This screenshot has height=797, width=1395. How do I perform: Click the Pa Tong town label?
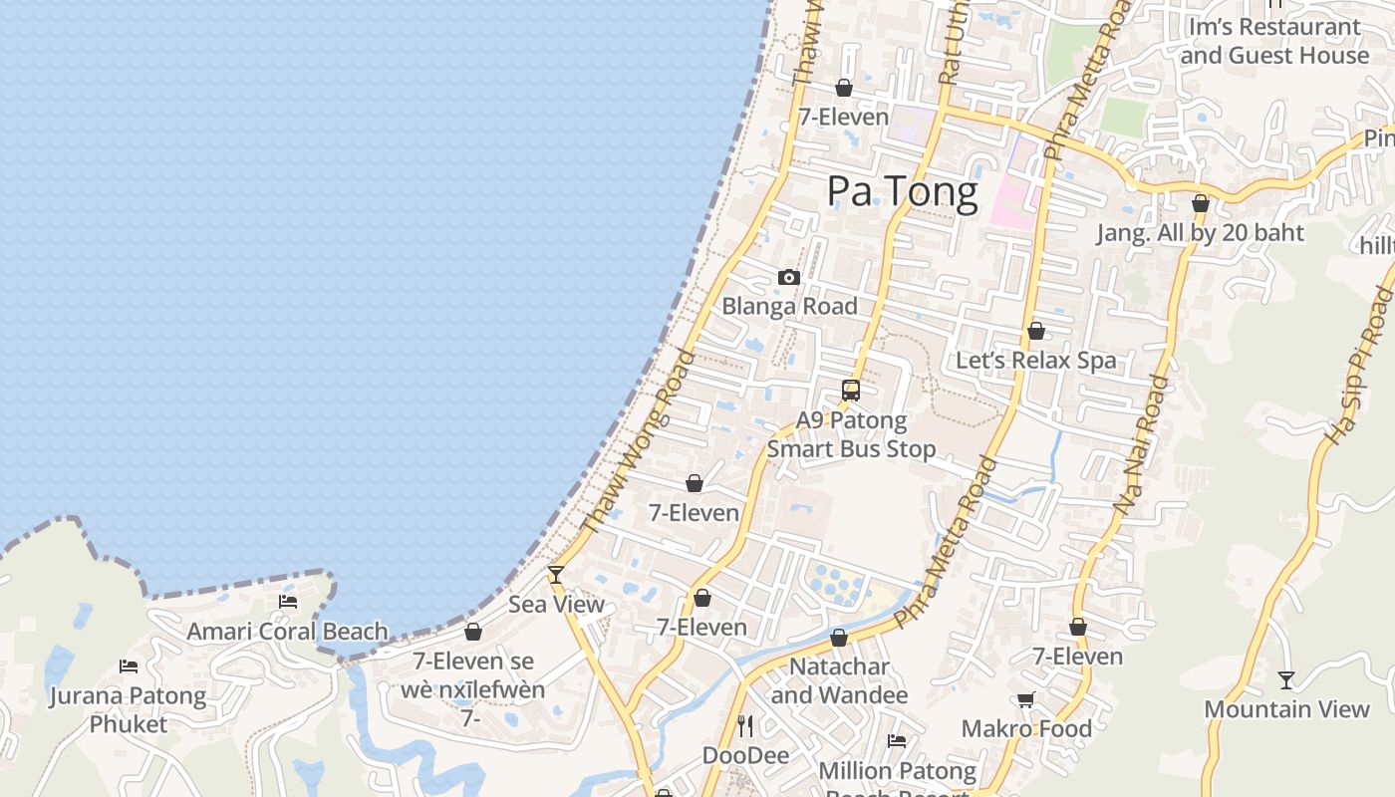click(903, 191)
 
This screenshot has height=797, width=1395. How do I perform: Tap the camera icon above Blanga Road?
click(789, 277)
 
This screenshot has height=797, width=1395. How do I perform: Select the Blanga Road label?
click(789, 306)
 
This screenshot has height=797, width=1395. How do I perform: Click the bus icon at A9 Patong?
click(851, 391)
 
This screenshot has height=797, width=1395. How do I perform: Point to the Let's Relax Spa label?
click(1036, 360)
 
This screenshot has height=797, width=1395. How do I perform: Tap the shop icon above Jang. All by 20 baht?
click(1201, 204)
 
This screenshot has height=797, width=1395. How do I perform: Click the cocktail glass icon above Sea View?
click(556, 575)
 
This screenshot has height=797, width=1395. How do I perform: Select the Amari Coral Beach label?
click(287, 631)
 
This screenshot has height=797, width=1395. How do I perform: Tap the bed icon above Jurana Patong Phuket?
click(129, 666)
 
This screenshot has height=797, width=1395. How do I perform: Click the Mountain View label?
click(1286, 709)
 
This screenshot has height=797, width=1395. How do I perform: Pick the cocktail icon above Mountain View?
click(1286, 680)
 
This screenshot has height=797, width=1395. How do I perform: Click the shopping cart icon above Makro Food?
click(1026, 700)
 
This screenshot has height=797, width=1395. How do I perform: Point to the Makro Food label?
click(1026, 728)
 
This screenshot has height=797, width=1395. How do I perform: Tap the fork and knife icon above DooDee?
click(745, 725)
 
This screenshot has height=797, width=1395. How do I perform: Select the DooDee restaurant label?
click(745, 755)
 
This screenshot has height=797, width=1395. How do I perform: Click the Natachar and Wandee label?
click(839, 680)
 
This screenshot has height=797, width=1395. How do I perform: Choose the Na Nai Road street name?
click(1141, 445)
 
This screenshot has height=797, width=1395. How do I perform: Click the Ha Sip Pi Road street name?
click(1357, 364)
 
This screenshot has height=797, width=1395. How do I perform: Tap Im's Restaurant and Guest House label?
click(1274, 42)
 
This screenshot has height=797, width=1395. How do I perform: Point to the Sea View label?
click(556, 604)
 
